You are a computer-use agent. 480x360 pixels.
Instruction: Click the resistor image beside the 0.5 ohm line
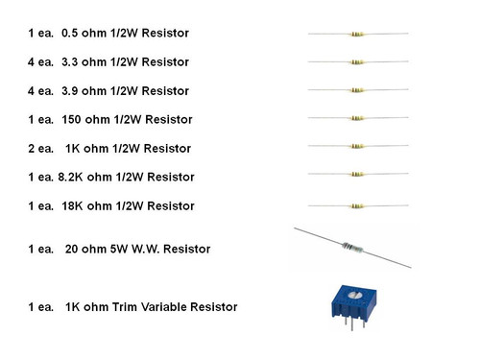(x=357, y=34)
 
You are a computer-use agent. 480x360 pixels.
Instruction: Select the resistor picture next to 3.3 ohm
(x=357, y=62)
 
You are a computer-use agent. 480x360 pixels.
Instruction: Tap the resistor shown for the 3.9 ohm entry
(x=357, y=91)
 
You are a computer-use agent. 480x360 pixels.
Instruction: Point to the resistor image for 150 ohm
(x=357, y=120)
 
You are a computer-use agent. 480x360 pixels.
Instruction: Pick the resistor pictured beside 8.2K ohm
(x=357, y=176)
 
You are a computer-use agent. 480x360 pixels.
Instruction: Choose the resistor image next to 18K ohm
(x=357, y=205)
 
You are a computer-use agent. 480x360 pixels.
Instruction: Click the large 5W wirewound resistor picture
(x=351, y=248)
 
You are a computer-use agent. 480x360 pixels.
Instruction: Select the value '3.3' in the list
(x=71, y=62)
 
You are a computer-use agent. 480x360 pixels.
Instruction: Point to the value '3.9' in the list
(x=71, y=91)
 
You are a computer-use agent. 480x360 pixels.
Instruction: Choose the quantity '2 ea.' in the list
(x=42, y=149)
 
